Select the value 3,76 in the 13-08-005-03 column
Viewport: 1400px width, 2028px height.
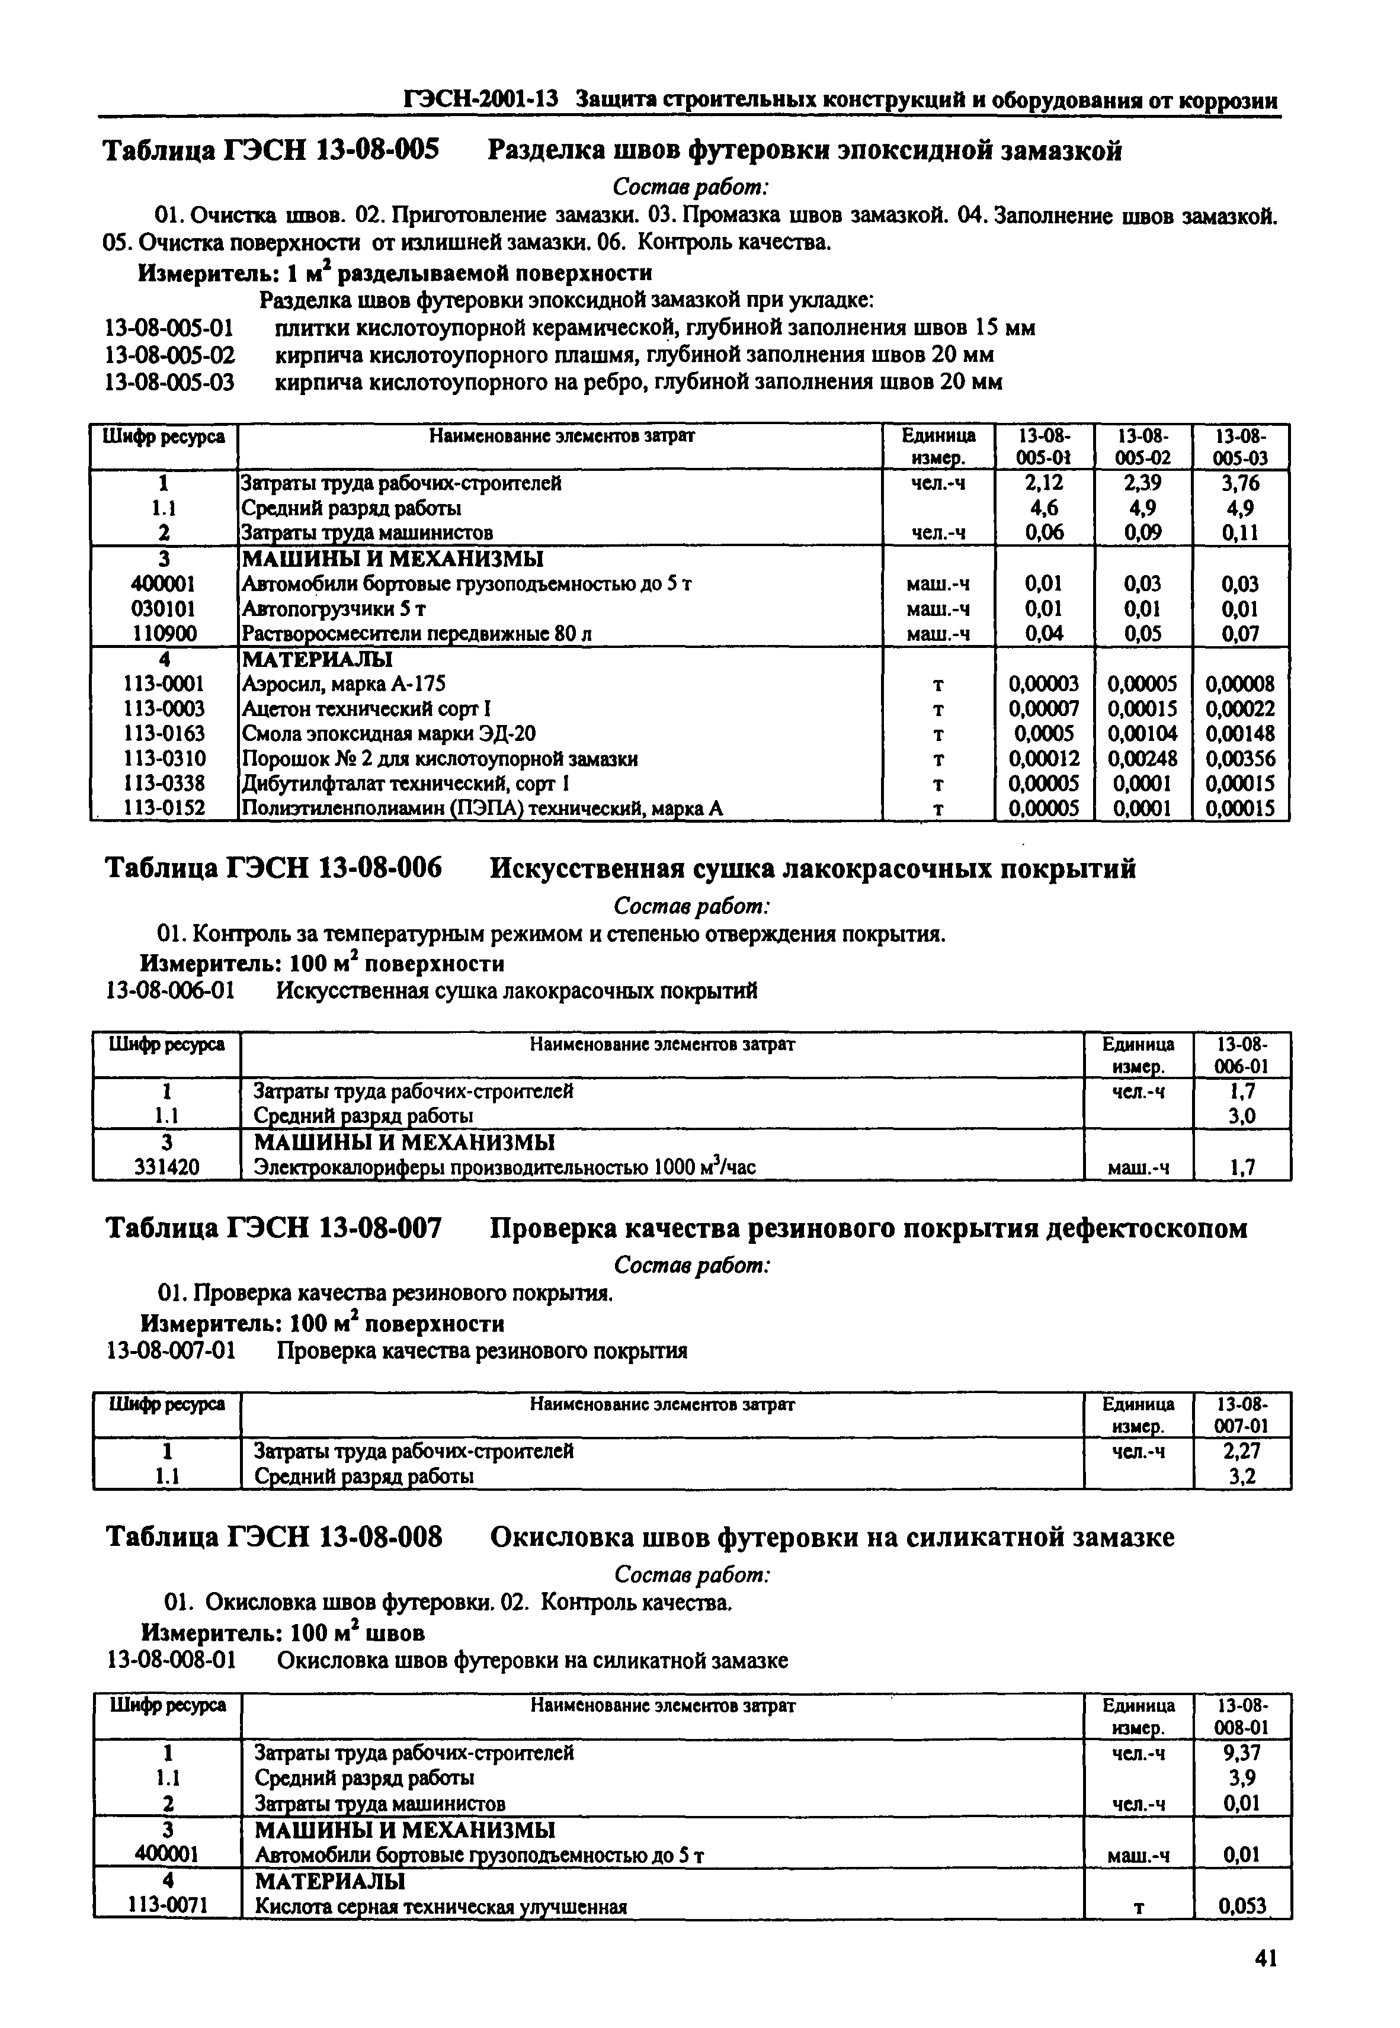pyautogui.click(x=1241, y=483)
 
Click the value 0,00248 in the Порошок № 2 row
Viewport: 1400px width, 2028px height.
pyautogui.click(x=1142, y=758)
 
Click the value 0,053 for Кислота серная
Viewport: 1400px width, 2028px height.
pyautogui.click(x=1242, y=1906)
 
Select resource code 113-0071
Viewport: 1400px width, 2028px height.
pyautogui.click(x=166, y=1905)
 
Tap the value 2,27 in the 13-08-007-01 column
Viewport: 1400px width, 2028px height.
pyautogui.click(x=1241, y=1450)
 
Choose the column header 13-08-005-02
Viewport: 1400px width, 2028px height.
pyautogui.click(x=1142, y=446)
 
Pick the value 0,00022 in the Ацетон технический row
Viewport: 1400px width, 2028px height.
pyautogui.click(x=1241, y=708)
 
